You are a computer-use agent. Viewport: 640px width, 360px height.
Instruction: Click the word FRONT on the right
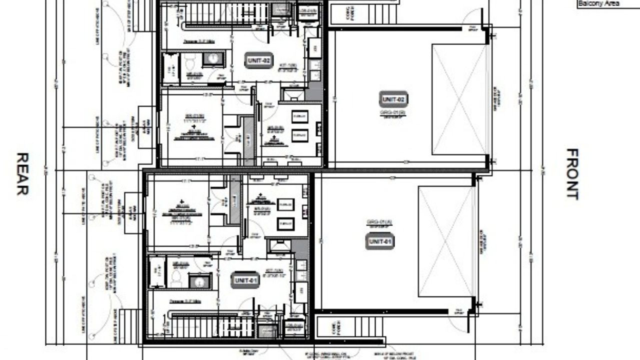pyautogui.click(x=572, y=173)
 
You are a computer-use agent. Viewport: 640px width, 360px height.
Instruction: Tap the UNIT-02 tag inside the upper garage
pyautogui.click(x=393, y=99)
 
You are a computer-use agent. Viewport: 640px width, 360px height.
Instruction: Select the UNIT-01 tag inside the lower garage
pyautogui.click(x=379, y=241)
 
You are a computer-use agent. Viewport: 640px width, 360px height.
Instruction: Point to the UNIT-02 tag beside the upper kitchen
pyautogui.click(x=259, y=61)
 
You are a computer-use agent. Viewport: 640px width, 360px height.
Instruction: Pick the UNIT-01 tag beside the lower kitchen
pyautogui.click(x=245, y=281)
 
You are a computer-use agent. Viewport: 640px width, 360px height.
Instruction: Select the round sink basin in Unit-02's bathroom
pyautogui.click(x=213, y=59)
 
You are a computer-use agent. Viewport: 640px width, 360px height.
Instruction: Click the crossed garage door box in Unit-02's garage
pyautogui.click(x=459, y=99)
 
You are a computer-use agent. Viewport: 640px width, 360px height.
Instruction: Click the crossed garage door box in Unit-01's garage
pyautogui.click(x=445, y=241)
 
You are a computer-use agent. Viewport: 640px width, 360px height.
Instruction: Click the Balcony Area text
pyautogui.click(x=598, y=3)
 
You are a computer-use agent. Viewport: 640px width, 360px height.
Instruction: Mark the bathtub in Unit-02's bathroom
pyautogui.click(x=170, y=68)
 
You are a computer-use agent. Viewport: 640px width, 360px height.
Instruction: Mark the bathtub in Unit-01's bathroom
pyautogui.click(x=156, y=272)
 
